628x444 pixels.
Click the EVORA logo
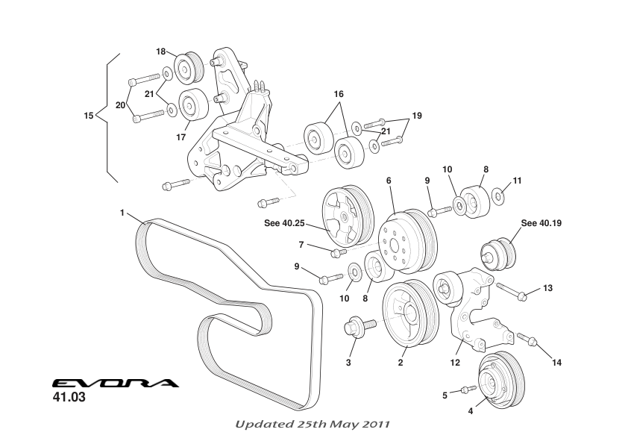click(116, 384)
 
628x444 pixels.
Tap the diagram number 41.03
click(69, 398)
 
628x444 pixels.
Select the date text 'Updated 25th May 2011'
click(313, 424)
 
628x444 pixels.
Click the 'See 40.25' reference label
click(285, 222)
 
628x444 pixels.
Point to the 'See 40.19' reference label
click(539, 222)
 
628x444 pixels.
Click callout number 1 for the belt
click(122, 213)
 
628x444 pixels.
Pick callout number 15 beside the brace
click(89, 116)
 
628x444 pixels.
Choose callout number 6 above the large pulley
click(389, 180)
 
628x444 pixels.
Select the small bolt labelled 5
click(468, 389)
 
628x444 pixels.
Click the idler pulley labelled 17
click(193, 104)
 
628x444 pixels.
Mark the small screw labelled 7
click(336, 252)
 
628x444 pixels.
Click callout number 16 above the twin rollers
click(339, 95)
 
